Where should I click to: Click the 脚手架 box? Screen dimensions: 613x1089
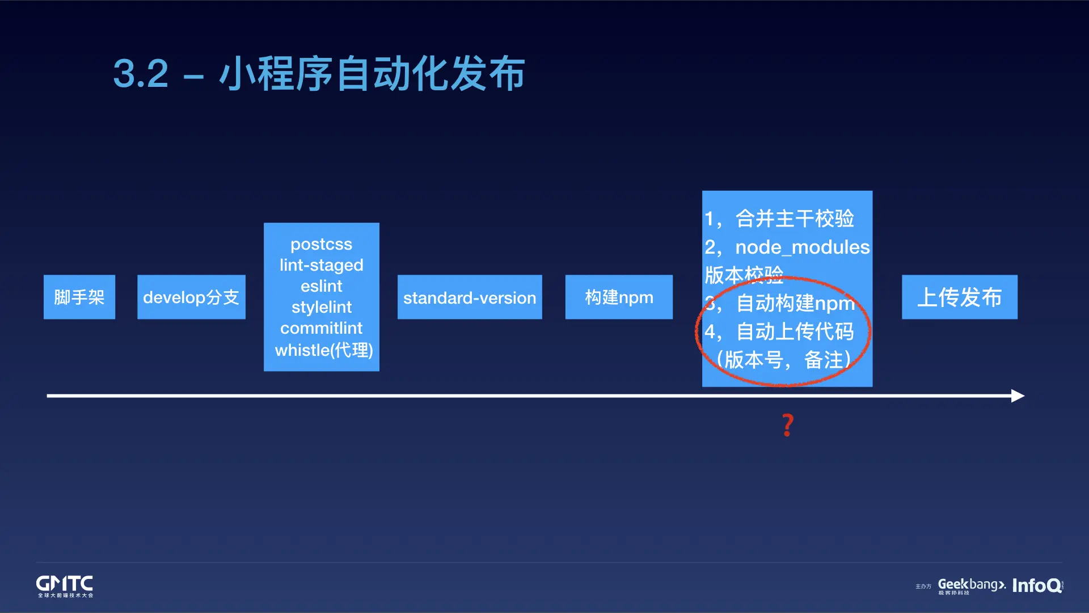[79, 297]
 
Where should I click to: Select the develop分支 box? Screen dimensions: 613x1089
[191, 297]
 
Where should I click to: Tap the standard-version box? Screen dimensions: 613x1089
[470, 297]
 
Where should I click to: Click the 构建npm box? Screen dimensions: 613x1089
[619, 297]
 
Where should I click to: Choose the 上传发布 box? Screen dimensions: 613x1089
[959, 297]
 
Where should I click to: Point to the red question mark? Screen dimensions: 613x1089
[787, 425]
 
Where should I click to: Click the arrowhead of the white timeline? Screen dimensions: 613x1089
[1018, 396]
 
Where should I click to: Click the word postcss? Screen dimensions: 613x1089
[321, 244]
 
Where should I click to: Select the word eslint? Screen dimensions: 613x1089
[321, 286]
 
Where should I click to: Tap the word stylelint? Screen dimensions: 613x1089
[321, 307]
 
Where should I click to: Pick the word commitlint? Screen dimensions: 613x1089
[321, 328]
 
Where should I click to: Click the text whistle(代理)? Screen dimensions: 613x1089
[323, 350]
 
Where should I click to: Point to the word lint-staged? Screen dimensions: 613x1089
[321, 265]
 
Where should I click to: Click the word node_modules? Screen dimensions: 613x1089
[802, 247]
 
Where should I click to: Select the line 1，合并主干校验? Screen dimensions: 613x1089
[780, 219]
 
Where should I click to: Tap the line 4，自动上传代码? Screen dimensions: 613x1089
[780, 331]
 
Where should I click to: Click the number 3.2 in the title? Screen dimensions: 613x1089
[141, 74]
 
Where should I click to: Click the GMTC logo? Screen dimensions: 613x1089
[65, 586]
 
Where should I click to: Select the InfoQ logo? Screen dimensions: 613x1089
[1037, 585]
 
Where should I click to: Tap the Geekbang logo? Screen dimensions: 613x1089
[971, 585]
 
